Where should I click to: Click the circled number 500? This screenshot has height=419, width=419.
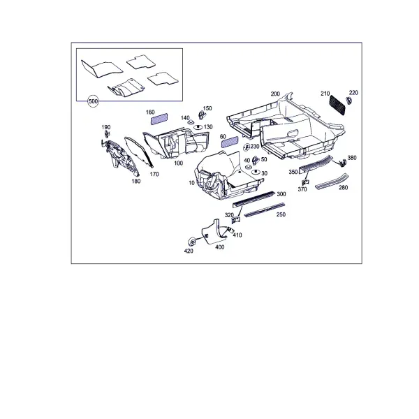pos(93,101)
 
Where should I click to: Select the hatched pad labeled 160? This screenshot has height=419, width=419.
pos(159,119)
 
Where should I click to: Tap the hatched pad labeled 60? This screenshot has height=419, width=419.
pos(230,142)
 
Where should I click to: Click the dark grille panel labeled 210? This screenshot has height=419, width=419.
pos(337,105)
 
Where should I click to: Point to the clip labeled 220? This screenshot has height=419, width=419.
pos(349,101)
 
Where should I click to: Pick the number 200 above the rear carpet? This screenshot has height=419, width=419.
pos(275,94)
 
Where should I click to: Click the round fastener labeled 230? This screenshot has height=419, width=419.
pos(247,147)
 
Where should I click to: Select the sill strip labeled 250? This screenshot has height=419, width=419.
pos(265,210)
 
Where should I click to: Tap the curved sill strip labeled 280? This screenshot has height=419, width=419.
pos(332,182)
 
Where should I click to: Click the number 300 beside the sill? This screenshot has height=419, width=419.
pos(281,194)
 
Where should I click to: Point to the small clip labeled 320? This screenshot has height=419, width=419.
pos(236,220)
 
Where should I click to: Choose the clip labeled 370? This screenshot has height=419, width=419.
pos(305,182)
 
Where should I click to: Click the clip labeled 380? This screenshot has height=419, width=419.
pos(342,163)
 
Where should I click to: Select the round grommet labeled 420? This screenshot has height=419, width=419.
pos(191,242)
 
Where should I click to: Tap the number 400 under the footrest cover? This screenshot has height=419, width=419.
pos(220,247)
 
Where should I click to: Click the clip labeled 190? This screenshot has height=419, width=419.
pos(107,134)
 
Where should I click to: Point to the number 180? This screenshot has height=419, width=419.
pos(136,181)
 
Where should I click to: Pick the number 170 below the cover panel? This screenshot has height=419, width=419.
pos(154,174)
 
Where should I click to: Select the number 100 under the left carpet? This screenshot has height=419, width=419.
pos(179,163)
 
